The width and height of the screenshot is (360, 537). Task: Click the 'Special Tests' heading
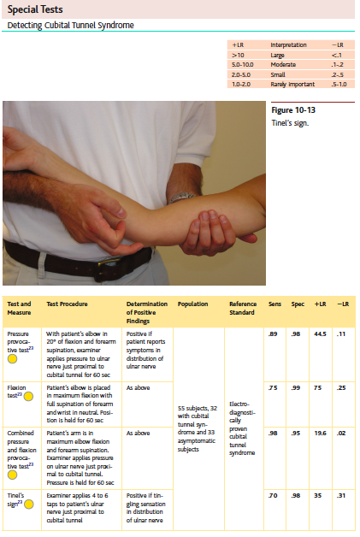tap(33, 9)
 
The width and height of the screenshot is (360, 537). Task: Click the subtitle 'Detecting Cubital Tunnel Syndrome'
tap(70, 26)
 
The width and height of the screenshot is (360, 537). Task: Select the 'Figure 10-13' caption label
tap(292, 111)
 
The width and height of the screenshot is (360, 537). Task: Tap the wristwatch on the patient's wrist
tap(182, 197)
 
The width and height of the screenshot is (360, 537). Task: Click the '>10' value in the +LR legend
tap(239, 54)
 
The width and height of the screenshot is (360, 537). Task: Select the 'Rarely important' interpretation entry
tap(289, 85)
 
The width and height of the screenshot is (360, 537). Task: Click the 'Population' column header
tap(192, 304)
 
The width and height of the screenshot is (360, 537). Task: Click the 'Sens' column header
tap(274, 304)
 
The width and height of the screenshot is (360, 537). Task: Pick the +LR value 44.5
tap(320, 333)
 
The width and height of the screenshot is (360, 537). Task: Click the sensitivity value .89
tap(274, 333)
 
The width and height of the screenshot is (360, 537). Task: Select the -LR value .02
tap(343, 434)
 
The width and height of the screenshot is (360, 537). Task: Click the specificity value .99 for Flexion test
tap(297, 387)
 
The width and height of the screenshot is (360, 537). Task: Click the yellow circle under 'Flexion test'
tap(13, 407)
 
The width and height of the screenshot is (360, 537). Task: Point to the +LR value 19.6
tap(320, 434)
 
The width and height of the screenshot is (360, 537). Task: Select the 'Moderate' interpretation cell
tap(282, 64)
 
